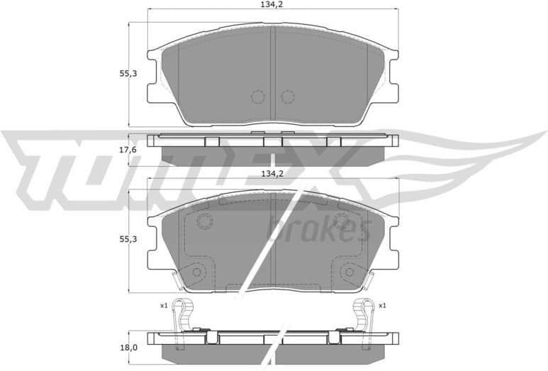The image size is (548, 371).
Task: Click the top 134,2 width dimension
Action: pyautogui.click(x=272, y=4)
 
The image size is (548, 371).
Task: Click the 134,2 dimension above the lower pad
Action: pyautogui.click(x=272, y=173)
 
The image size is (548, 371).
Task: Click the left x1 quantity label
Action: pyautogui.click(x=164, y=305)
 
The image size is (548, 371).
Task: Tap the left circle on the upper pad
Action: pyautogui.click(x=258, y=96)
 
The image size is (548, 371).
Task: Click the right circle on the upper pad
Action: pyautogui.click(x=287, y=96)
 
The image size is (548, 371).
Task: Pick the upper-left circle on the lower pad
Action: pyautogui.click(x=204, y=222)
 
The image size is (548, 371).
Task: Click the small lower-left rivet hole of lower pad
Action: pyautogui.click(x=197, y=270)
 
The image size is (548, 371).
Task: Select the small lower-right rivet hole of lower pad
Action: pyautogui.click(x=349, y=270)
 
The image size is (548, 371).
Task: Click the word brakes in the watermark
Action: pyautogui.click(x=318, y=228)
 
